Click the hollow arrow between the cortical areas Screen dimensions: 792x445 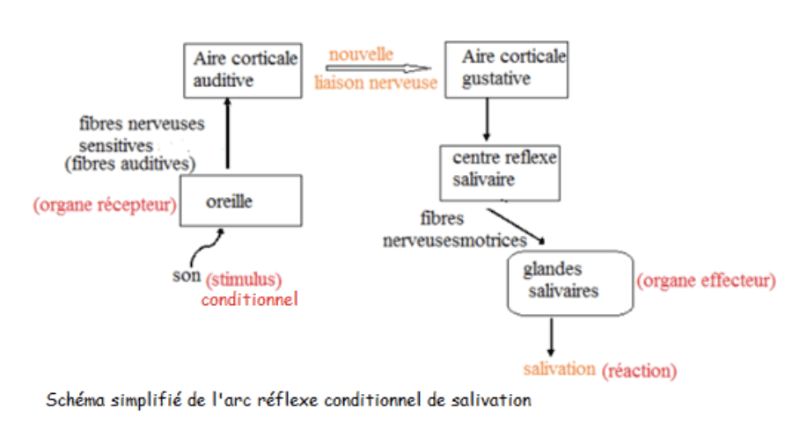coord(378,68)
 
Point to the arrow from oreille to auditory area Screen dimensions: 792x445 coord(227,133)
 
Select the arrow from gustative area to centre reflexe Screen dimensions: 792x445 coord(487,120)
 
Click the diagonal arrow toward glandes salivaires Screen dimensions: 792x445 coord(516,226)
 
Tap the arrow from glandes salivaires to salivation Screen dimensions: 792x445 coord(551,337)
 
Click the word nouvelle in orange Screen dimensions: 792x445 coord(361,54)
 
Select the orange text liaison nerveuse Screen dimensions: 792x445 coord(376,83)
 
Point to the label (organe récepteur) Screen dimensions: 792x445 coord(105,205)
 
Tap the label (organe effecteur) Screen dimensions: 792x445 coord(706,281)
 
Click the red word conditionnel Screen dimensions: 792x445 coord(250,300)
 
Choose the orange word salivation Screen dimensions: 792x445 coord(559,368)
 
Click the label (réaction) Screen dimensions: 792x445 coord(639,371)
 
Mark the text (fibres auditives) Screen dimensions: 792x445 coord(130,164)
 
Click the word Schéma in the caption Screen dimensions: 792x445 coord(76,399)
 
